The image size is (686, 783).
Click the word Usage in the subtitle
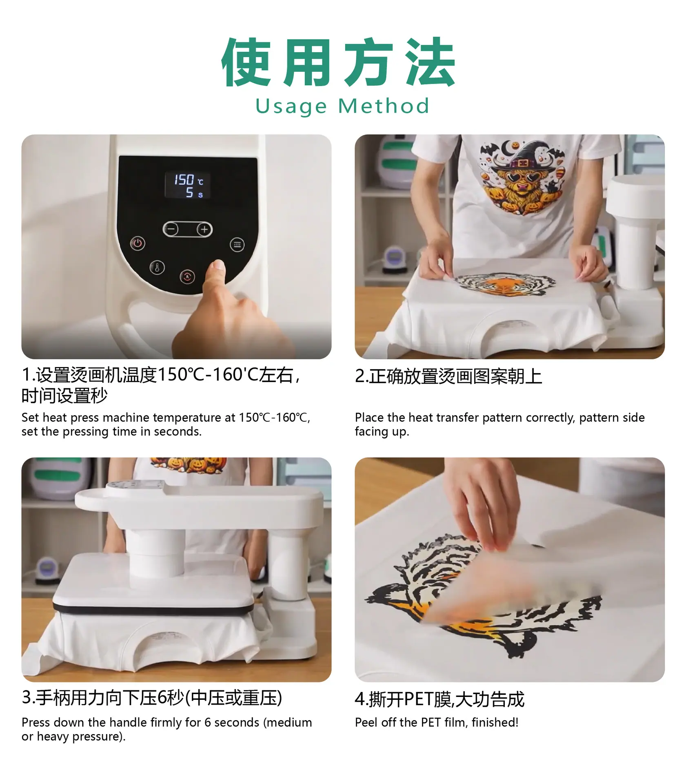click(291, 107)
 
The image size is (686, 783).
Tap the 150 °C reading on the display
click(189, 180)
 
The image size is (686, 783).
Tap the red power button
click(138, 243)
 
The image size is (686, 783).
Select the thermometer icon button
click(157, 268)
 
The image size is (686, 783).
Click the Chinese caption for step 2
click(448, 376)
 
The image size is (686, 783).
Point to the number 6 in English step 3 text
click(208, 722)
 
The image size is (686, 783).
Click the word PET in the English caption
click(431, 722)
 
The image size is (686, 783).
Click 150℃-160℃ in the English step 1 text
click(274, 418)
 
